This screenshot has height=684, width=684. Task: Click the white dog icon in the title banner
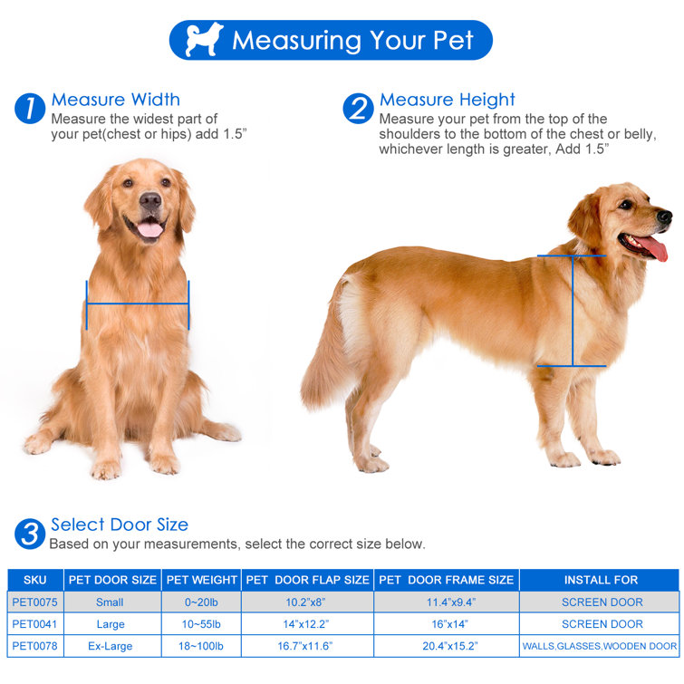pyautogui.click(x=204, y=40)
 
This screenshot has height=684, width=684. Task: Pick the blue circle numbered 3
pyautogui.click(x=30, y=534)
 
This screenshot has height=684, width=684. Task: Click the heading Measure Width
pyautogui.click(x=115, y=100)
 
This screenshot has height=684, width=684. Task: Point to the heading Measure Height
pyautogui.click(x=447, y=100)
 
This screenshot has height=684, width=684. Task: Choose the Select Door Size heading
pyautogui.click(x=120, y=525)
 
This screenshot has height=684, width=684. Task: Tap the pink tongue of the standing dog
pyautogui.click(x=653, y=246)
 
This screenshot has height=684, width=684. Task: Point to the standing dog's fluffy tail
pyautogui.click(x=323, y=353)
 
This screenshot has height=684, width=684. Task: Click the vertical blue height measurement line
pyautogui.click(x=572, y=311)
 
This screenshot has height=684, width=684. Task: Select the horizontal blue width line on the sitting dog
pyautogui.click(x=138, y=304)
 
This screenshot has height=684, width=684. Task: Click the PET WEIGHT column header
pyautogui.click(x=201, y=580)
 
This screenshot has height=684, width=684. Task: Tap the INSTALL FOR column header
pyautogui.click(x=601, y=580)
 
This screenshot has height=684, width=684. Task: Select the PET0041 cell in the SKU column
pyautogui.click(x=34, y=624)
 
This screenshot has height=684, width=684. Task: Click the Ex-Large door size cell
pyautogui.click(x=110, y=646)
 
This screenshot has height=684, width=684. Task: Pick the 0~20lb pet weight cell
pyautogui.click(x=201, y=602)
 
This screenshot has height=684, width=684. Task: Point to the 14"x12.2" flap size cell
pyautogui.click(x=307, y=624)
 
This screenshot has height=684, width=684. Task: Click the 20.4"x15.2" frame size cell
pyautogui.click(x=446, y=646)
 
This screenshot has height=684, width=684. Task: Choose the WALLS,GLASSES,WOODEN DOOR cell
pyautogui.click(x=600, y=646)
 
